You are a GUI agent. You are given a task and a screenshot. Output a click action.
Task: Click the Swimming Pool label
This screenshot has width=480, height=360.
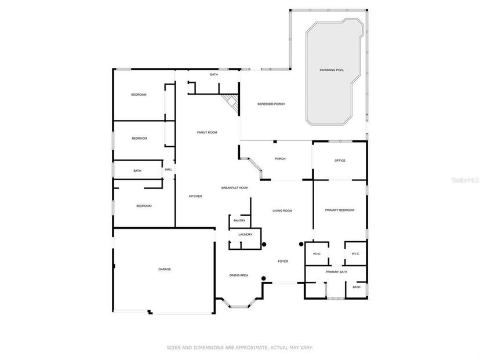pos(332,70)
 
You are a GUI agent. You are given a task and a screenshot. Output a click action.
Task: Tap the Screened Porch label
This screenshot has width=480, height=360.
pos(271,104)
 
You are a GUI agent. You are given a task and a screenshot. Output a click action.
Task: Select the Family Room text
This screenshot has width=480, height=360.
pos(207,133)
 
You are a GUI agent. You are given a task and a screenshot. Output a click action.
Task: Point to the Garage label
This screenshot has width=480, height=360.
pos(165,270)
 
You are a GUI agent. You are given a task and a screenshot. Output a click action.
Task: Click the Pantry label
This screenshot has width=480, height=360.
pos(239,220)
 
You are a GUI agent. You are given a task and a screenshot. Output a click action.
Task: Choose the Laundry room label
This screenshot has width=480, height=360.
pos(245,234)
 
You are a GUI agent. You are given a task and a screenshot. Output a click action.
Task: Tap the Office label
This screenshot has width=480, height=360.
pos(340,161)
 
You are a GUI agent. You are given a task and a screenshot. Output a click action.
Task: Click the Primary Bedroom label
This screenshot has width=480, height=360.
pos(340,210)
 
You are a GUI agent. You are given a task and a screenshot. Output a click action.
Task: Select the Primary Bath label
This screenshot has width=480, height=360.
pos(336,272)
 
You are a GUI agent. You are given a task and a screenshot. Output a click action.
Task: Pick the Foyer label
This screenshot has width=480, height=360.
pos(283,261)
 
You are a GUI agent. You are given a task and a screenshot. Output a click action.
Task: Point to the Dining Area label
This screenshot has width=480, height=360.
pos(239,275)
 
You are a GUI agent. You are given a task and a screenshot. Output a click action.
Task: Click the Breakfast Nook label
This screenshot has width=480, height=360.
pos(234,188)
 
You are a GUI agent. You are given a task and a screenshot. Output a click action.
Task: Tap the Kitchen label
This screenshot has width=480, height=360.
pos(195,196)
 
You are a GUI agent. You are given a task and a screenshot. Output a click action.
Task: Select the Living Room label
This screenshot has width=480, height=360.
pos(282,211)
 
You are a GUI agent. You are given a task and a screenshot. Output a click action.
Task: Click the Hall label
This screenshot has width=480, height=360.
pos(169,170)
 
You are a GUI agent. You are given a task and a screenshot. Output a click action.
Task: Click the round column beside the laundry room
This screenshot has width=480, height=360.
pos(264,244)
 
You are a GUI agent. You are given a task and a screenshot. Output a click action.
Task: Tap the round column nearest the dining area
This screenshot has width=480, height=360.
pos(263,278)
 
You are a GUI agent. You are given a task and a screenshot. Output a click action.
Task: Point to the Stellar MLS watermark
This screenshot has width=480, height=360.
pos(466,180)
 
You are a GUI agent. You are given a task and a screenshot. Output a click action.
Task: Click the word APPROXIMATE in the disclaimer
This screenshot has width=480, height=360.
pos(252,348)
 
